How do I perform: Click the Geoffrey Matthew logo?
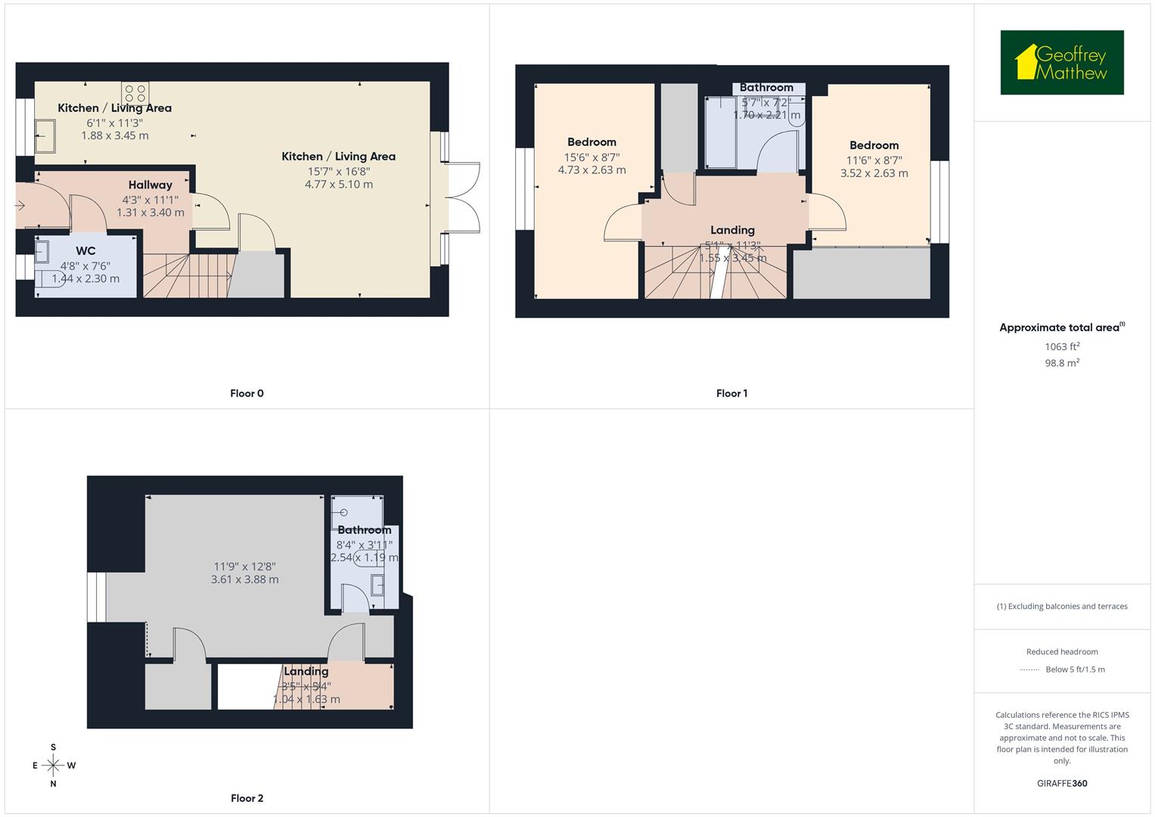pyautogui.click(x=1061, y=63)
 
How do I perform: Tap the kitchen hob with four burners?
pyautogui.click(x=135, y=93)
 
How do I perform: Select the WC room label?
pyautogui.click(x=85, y=251)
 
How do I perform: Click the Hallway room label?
pyautogui.click(x=150, y=185)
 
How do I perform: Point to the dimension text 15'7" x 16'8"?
pyautogui.click(x=338, y=171)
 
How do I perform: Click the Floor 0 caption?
pyautogui.click(x=247, y=393)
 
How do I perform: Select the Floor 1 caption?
pyautogui.click(x=731, y=393)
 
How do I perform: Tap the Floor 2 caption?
pyautogui.click(x=247, y=798)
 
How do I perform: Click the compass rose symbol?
pyautogui.click(x=53, y=766)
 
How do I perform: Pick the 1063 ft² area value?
pyautogui.click(x=1062, y=346)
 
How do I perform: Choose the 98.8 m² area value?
pyautogui.click(x=1062, y=363)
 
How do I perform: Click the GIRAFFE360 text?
pyautogui.click(x=1062, y=783)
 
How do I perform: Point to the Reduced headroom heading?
pyautogui.click(x=1062, y=651)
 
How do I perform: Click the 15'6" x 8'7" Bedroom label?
pyautogui.click(x=591, y=142)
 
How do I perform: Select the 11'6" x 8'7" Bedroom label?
pyautogui.click(x=874, y=145)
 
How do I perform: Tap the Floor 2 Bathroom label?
pyautogui.click(x=364, y=530)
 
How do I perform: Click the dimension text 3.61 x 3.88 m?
pyautogui.click(x=244, y=579)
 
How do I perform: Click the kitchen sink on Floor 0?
pyautogui.click(x=44, y=135)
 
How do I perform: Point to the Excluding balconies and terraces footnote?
pyautogui.click(x=1062, y=606)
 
